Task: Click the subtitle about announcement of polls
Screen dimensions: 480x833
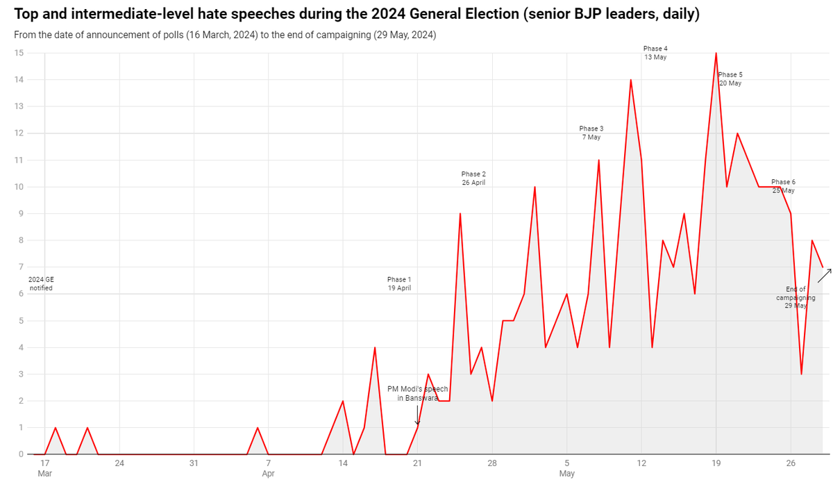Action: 225,35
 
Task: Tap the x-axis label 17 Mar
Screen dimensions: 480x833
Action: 44,467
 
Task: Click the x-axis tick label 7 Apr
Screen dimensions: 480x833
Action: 269,467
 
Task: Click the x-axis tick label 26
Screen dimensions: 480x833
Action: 791,463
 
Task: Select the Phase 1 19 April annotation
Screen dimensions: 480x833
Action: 399,283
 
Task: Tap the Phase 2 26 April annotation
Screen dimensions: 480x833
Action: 473,178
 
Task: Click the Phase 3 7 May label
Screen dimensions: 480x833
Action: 591,133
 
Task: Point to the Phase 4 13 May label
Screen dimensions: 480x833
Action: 655,53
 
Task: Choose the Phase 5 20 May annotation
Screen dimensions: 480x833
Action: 730,78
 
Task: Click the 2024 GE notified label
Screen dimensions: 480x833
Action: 41,283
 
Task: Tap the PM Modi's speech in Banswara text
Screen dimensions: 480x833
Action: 418,394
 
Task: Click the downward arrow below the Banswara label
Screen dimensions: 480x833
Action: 417,415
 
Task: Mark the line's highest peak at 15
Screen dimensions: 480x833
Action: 716,53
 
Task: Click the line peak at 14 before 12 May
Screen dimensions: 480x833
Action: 630,80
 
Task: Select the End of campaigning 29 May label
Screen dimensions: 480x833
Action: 796,297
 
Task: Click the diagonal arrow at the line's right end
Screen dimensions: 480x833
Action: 823,275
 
